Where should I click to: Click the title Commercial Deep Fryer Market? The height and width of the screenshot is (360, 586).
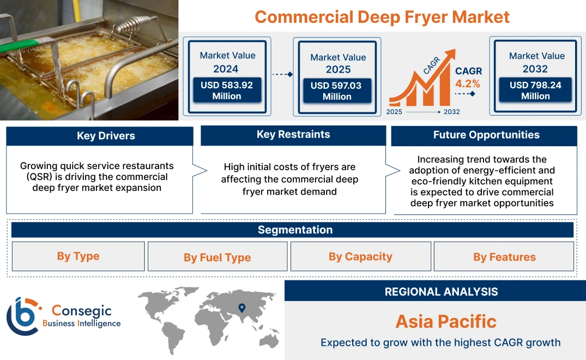(x=382, y=17)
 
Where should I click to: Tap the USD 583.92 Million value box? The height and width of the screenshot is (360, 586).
(x=226, y=91)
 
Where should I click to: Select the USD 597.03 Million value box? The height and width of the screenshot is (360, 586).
(x=336, y=91)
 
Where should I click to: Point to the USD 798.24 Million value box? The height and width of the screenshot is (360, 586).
(x=535, y=91)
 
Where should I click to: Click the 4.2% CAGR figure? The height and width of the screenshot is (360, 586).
(x=468, y=83)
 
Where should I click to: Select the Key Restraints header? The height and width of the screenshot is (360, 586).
(x=293, y=135)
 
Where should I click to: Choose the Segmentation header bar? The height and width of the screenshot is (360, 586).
(x=295, y=230)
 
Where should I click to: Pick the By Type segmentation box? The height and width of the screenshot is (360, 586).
(x=78, y=256)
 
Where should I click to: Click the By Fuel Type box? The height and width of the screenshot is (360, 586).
(x=217, y=257)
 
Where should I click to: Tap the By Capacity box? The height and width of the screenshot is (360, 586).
(x=360, y=256)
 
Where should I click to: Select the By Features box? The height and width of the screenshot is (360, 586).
(x=504, y=257)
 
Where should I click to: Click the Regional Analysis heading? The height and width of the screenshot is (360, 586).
(x=441, y=292)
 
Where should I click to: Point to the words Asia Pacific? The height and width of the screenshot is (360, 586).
(x=446, y=321)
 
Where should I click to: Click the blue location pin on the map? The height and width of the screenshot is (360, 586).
(x=242, y=308)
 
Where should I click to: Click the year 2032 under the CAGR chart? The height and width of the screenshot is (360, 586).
(x=451, y=112)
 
